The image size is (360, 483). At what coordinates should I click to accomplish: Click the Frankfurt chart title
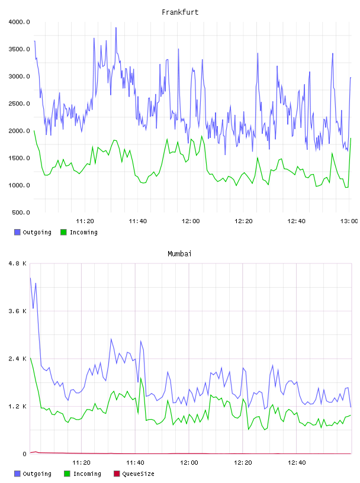click(x=180, y=12)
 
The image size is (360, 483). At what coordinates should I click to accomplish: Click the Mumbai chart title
click(x=179, y=254)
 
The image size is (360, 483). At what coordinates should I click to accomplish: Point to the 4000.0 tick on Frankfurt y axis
click(x=20, y=22)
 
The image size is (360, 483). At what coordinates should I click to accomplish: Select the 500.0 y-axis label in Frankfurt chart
click(x=21, y=212)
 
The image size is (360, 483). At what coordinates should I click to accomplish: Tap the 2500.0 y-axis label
click(x=20, y=104)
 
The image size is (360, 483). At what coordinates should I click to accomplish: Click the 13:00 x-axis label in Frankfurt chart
click(x=349, y=221)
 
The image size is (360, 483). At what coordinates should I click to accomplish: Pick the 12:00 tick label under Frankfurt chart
click(x=191, y=221)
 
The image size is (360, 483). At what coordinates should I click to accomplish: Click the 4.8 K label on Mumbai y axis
click(x=18, y=263)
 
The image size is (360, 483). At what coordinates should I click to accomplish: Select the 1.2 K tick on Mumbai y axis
click(x=18, y=407)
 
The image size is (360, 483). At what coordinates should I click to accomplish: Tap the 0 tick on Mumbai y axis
click(x=25, y=454)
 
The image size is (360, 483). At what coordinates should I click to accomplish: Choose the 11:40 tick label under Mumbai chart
click(x=135, y=463)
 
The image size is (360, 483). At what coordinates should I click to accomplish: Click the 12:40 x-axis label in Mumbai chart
click(x=297, y=463)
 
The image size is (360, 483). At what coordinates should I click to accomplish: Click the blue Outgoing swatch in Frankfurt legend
click(x=17, y=232)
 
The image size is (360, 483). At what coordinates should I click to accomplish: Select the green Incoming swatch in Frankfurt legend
click(x=63, y=232)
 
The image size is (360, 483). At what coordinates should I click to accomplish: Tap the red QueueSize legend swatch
click(x=117, y=474)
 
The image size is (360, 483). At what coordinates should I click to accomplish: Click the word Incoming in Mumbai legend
click(x=87, y=474)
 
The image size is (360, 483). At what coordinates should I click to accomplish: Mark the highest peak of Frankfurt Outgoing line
click(x=116, y=27)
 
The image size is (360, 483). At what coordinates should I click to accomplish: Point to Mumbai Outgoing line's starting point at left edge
click(x=30, y=278)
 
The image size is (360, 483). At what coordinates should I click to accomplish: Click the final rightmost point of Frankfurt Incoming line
click(x=351, y=139)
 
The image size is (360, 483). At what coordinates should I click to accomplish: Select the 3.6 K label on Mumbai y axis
click(x=18, y=311)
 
